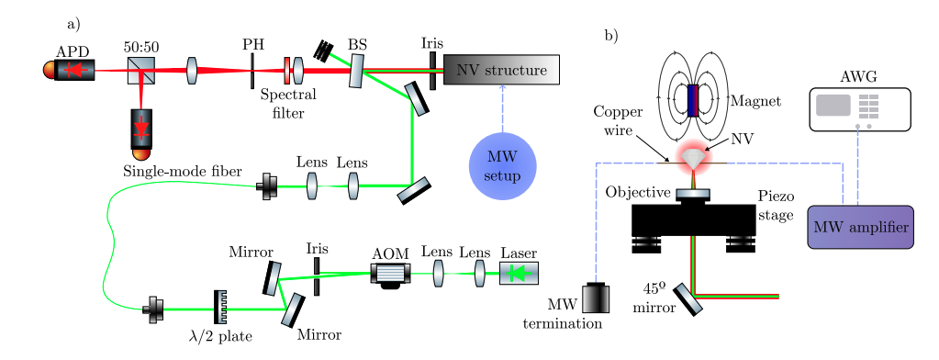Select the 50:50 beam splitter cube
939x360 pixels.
tap(140, 70)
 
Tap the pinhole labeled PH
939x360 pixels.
tap(252, 71)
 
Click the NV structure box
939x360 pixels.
tap(500, 70)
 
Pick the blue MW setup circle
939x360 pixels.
tap(502, 164)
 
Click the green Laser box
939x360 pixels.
tap(519, 273)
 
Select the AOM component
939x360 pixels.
tap(390, 273)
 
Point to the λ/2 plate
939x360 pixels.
tap(220, 308)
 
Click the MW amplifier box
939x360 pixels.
tap(860, 227)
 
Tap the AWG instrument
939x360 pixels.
tap(859, 108)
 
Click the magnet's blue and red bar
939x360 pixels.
tap(693, 100)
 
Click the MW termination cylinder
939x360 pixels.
tap(596, 299)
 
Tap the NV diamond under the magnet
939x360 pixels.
tap(695, 159)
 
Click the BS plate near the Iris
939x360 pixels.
tap(356, 71)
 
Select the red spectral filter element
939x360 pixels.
tap(287, 71)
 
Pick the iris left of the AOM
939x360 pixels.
tap(317, 276)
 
